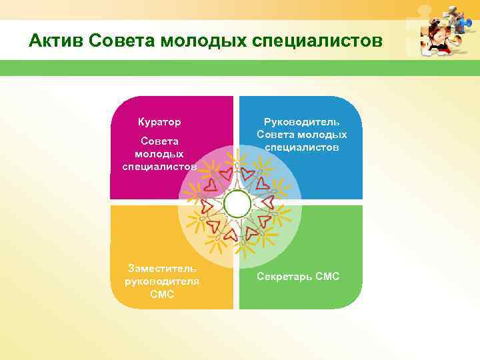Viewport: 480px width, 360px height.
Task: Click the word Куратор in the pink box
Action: click(x=159, y=123)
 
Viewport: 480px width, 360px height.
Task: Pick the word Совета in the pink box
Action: click(x=159, y=141)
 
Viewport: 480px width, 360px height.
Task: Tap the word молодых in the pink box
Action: click(x=159, y=154)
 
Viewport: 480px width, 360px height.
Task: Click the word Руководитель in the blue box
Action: click(x=302, y=122)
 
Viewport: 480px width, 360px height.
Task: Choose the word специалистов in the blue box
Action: click(x=302, y=147)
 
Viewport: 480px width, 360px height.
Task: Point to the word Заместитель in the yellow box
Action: click(x=162, y=269)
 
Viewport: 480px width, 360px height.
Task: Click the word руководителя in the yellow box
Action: click(x=162, y=281)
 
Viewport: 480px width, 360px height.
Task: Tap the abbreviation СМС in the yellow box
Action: click(x=162, y=294)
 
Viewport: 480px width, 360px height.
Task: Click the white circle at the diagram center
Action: click(x=237, y=204)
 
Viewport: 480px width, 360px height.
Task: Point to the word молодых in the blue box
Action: click(x=325, y=135)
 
